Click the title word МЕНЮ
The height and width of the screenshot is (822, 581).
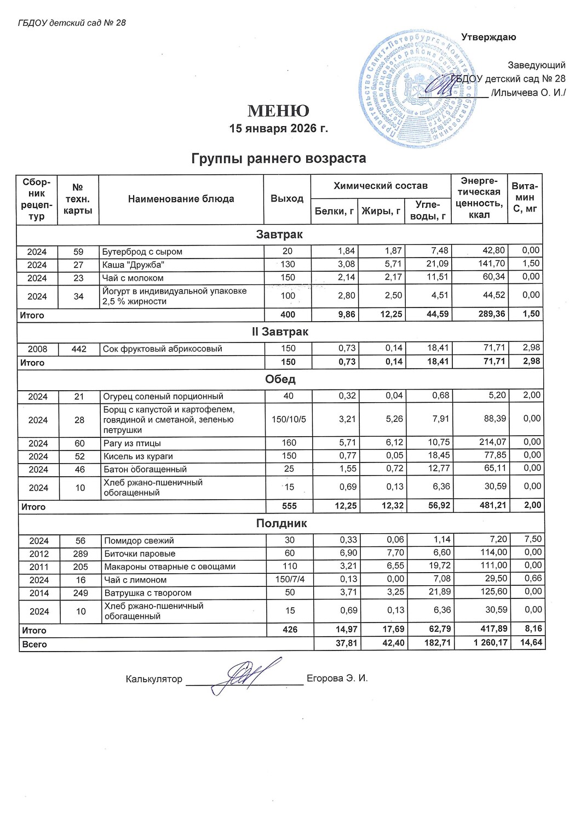click(x=278, y=111)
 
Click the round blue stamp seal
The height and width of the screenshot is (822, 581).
click(x=416, y=88)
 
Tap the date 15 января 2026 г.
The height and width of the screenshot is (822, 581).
click(x=278, y=129)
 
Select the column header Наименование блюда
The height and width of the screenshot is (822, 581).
click(x=181, y=199)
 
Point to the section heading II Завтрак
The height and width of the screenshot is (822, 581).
click(x=280, y=332)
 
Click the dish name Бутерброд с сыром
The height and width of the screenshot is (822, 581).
click(x=142, y=252)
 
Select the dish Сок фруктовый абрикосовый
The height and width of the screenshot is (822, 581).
click(x=163, y=349)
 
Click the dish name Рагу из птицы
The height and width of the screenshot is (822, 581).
click(x=132, y=443)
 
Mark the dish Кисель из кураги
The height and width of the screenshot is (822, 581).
click(x=138, y=456)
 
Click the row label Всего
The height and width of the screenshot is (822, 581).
click(x=34, y=644)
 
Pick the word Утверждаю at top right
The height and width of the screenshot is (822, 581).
click(x=488, y=38)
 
